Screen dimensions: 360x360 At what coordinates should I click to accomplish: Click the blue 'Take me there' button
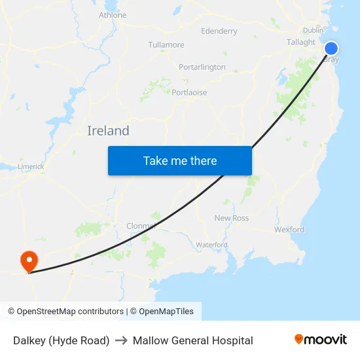pyautogui.click(x=180, y=160)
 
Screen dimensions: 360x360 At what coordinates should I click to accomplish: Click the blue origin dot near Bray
pyautogui.click(x=331, y=48)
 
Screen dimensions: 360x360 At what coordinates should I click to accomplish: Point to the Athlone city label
pyautogui.click(x=113, y=15)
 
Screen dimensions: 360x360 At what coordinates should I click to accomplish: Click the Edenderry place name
pyautogui.click(x=219, y=31)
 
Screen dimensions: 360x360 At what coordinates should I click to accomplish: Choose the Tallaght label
pyautogui.click(x=301, y=42)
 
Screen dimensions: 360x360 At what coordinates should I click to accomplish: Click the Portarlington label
pyautogui.click(x=202, y=67)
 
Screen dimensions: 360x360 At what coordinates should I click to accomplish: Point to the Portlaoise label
pyautogui.click(x=189, y=92)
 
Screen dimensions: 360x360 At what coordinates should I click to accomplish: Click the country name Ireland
pyautogui.click(x=108, y=131)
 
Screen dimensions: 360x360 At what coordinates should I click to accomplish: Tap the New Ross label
pyautogui.click(x=232, y=218)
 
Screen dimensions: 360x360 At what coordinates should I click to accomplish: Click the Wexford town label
pyautogui.click(x=289, y=230)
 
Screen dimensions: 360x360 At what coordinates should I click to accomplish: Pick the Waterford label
pyautogui.click(x=211, y=245)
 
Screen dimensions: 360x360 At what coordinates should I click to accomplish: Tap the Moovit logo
pyautogui.click(x=320, y=340)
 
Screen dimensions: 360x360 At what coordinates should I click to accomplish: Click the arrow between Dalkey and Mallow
pyautogui.click(x=121, y=340)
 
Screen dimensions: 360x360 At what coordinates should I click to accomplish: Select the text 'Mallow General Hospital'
pyautogui.click(x=192, y=340)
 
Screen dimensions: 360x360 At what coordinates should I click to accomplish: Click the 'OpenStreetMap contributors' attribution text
pyautogui.click(x=70, y=312)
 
